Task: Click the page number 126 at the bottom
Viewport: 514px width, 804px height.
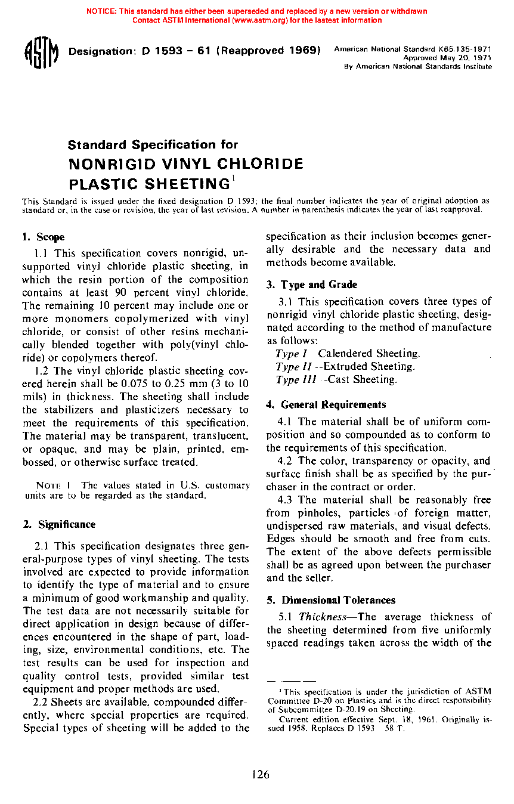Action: pyautogui.click(x=260, y=775)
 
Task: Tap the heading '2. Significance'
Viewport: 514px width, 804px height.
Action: pyautogui.click(x=58, y=525)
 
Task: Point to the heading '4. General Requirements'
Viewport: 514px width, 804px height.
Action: pyautogui.click(x=326, y=405)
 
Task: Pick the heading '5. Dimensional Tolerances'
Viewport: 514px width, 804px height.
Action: pyautogui.click(x=330, y=601)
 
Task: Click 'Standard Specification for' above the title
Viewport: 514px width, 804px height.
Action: pyautogui.click(x=153, y=145)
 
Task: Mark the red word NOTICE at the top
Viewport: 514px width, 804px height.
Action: pyautogui.click(x=101, y=11)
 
